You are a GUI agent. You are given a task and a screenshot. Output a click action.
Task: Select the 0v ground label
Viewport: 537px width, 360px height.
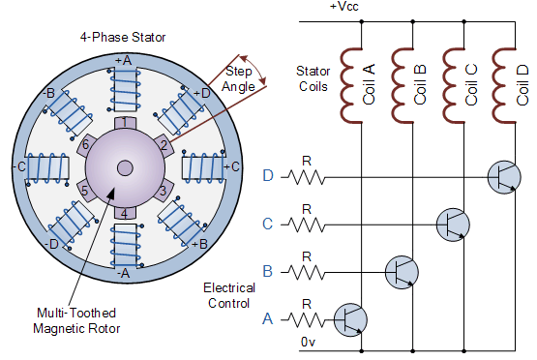309,342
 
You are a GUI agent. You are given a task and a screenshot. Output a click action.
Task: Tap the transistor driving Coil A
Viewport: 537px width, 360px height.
352,317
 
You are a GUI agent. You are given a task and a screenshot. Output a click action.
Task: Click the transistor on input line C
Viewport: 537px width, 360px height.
454,224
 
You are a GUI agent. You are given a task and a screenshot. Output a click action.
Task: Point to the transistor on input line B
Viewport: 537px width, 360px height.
403,270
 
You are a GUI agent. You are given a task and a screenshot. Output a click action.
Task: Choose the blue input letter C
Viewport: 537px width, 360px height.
268,224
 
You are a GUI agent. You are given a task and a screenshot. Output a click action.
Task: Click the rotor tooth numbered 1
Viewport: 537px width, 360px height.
124,123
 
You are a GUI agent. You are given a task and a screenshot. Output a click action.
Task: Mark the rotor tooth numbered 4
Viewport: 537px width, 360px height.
124,212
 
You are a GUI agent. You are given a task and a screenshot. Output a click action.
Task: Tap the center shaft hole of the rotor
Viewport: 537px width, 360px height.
124,167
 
